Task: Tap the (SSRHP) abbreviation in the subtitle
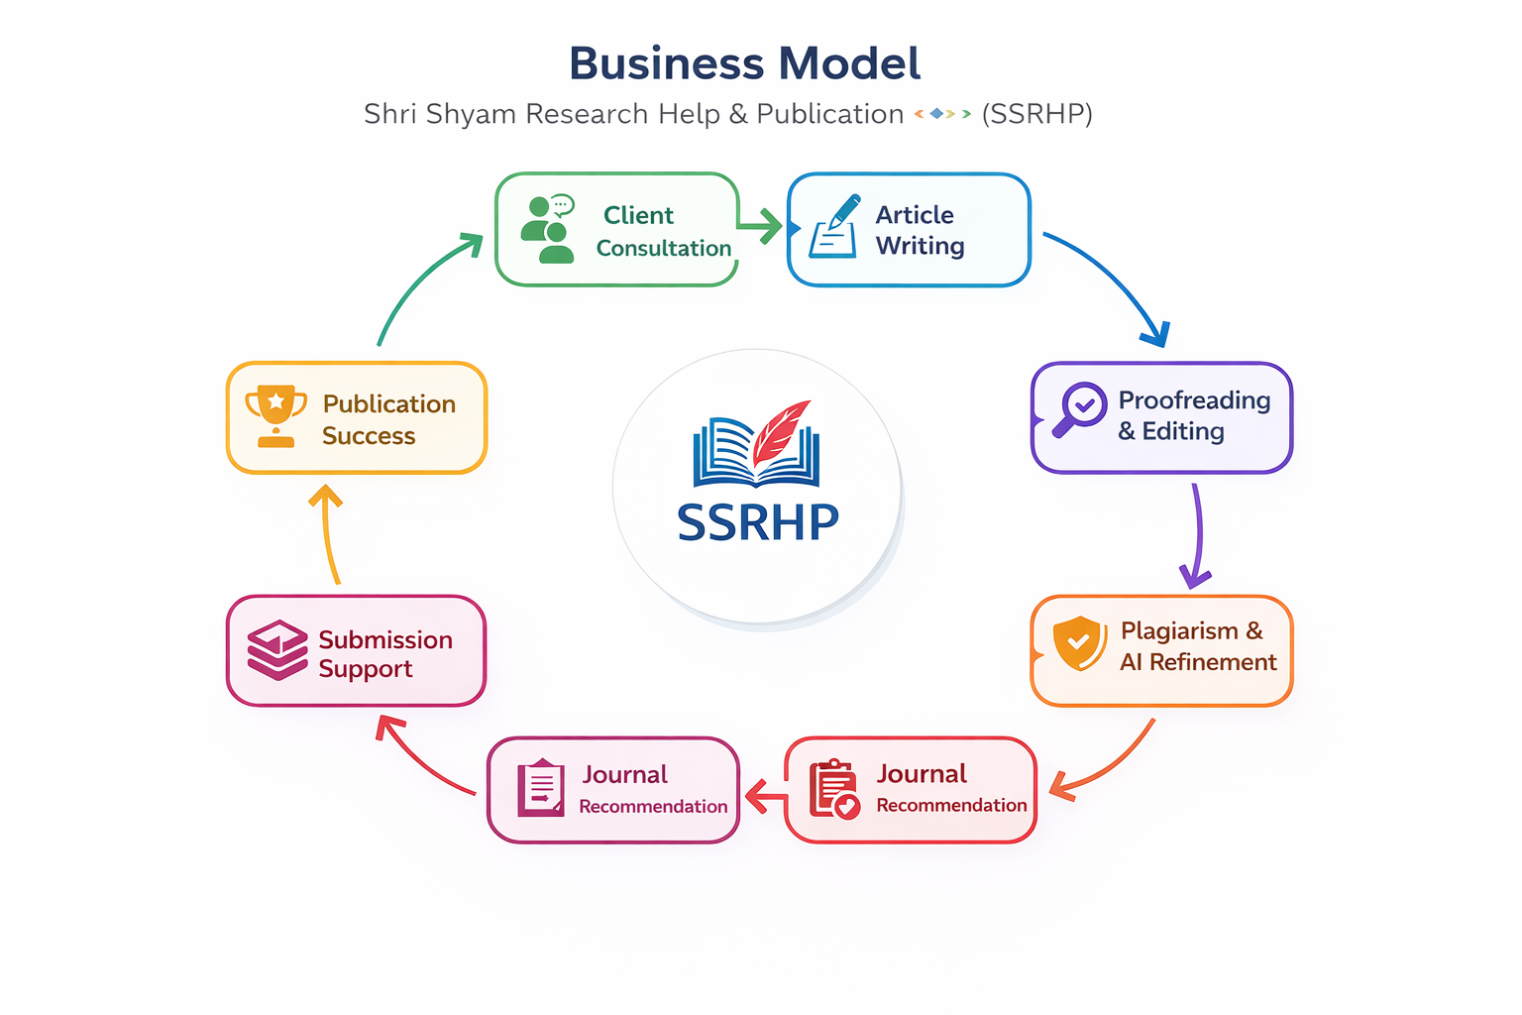pos(1036,114)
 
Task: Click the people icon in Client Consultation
pos(547,229)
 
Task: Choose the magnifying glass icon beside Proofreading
pos(1078,408)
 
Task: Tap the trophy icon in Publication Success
pos(275,415)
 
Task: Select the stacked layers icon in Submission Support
pos(277,650)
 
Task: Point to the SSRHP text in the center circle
pos(757,522)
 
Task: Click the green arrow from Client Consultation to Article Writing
pos(760,227)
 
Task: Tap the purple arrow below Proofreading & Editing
pos(1196,535)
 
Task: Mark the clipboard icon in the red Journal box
pos(833,789)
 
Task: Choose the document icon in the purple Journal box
pos(541,788)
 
